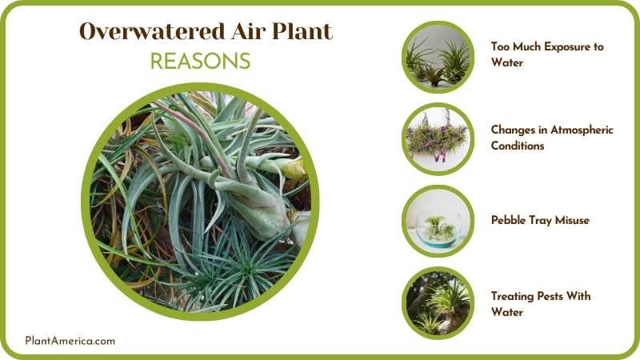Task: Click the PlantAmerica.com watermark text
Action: (x=70, y=340)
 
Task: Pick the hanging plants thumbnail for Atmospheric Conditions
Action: (x=438, y=138)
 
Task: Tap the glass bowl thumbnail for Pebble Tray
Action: (x=438, y=220)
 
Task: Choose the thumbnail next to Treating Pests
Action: (x=438, y=302)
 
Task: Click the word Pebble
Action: (x=509, y=220)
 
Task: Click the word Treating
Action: (x=512, y=296)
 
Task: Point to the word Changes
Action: (x=513, y=130)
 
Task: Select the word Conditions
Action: (x=518, y=146)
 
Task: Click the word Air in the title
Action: (x=250, y=32)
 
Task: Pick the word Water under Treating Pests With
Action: (x=506, y=312)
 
